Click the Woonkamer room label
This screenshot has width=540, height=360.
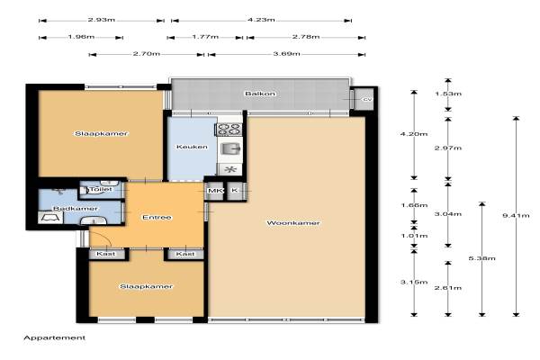click(x=293, y=223)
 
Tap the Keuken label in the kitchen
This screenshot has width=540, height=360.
click(x=192, y=147)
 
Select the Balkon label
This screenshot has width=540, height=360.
click(x=260, y=94)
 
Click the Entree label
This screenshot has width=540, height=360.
click(x=157, y=218)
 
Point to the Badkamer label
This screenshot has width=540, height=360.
click(x=75, y=209)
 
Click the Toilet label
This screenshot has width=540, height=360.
click(x=101, y=189)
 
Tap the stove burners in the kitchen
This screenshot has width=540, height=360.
click(x=229, y=130)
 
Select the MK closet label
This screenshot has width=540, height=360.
click(x=215, y=191)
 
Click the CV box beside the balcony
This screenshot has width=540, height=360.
click(x=364, y=99)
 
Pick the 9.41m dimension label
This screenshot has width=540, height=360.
click(x=516, y=216)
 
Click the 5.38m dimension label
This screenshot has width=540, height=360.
click(x=482, y=258)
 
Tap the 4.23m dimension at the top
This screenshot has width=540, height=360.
click(x=261, y=20)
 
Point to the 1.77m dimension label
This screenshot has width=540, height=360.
click(x=205, y=37)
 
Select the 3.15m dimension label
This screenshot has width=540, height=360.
click(x=414, y=282)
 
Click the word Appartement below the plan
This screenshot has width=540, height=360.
click(x=54, y=338)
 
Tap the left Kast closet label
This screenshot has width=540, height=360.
click(x=105, y=254)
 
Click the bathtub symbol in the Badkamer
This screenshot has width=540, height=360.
click(x=50, y=218)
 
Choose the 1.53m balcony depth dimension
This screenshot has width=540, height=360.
click(x=448, y=94)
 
